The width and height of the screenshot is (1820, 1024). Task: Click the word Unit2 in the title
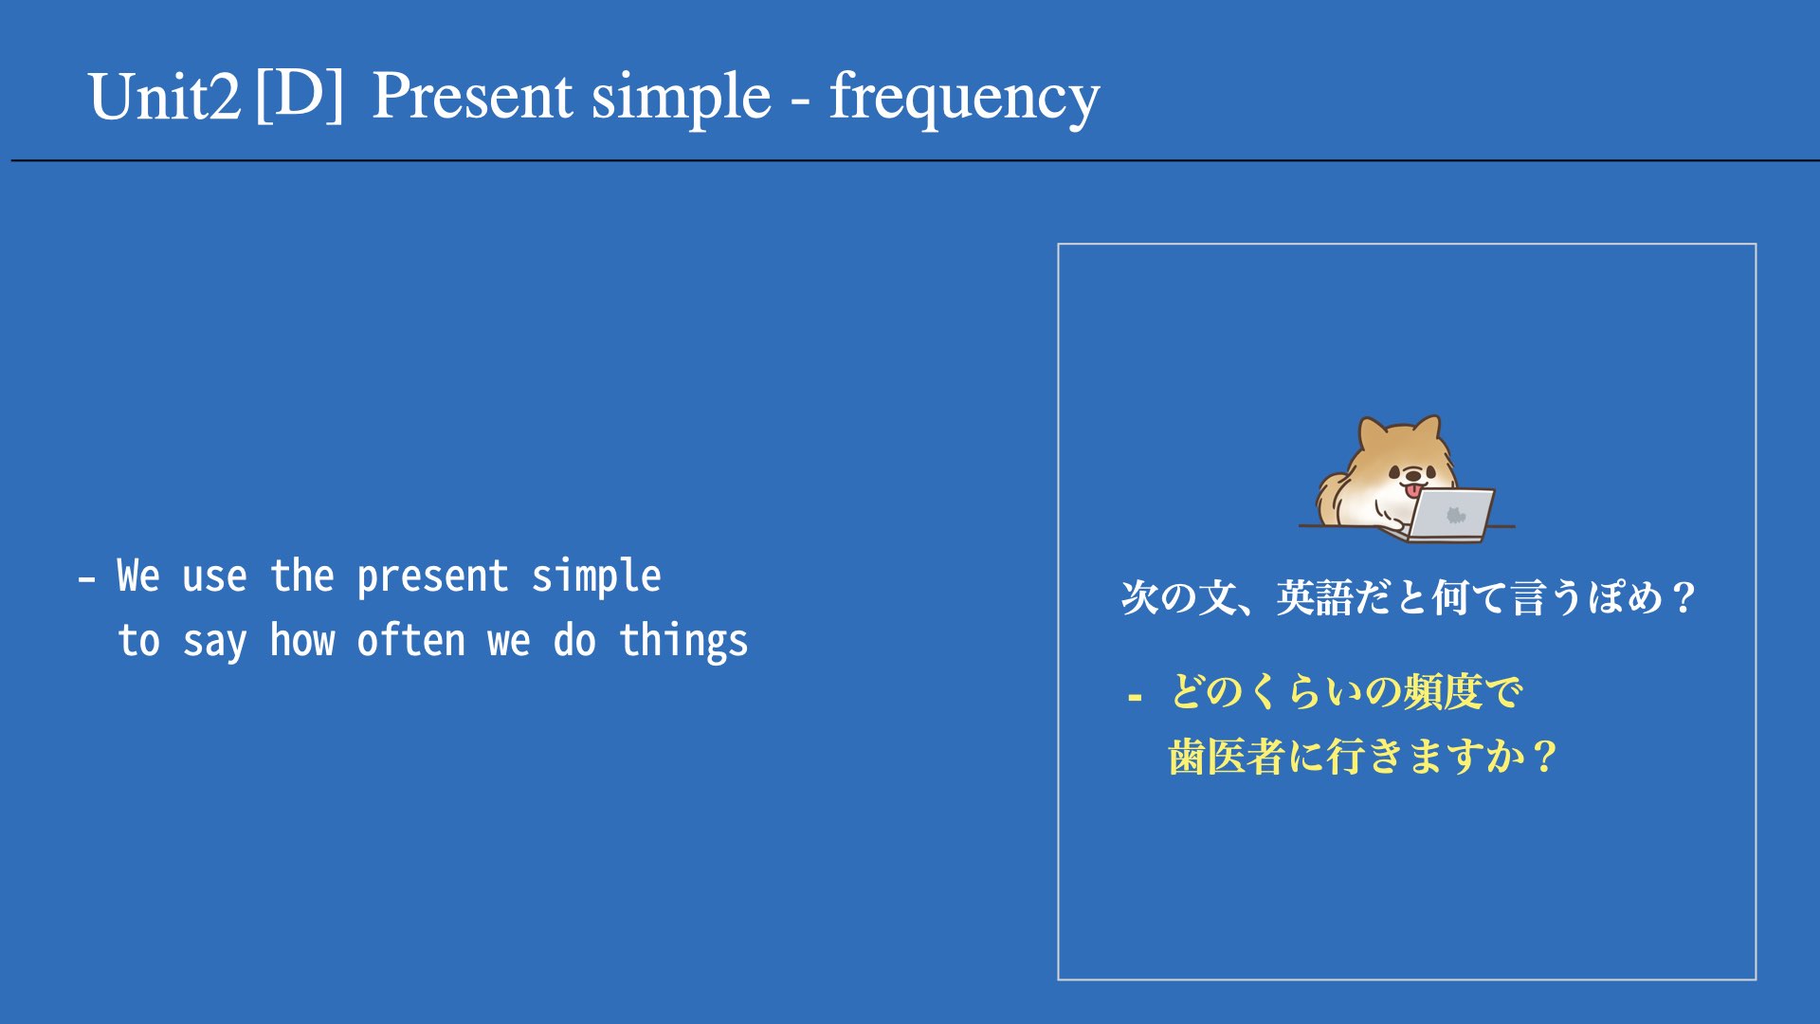[x=164, y=98]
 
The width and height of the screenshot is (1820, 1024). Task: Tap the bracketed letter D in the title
[x=300, y=95]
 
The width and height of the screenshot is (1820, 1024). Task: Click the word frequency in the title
[x=964, y=98]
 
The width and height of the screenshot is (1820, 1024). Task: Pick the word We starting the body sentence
[x=138, y=576]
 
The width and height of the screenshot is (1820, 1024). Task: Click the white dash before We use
[x=86, y=577]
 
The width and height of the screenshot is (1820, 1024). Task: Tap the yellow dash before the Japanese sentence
[x=1135, y=699]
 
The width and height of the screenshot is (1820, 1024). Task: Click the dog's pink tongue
[x=1412, y=489]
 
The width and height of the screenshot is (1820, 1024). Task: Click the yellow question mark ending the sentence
[x=1544, y=758]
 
